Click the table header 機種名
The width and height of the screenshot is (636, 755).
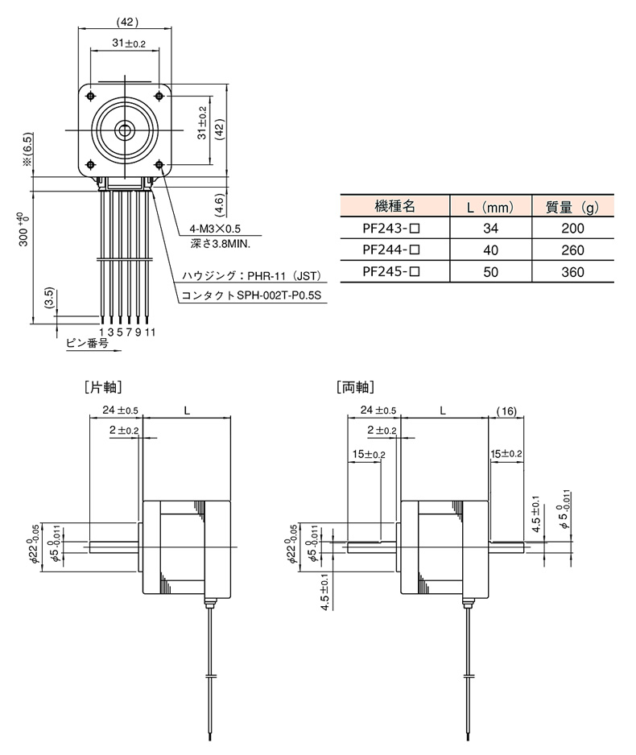coord(394,206)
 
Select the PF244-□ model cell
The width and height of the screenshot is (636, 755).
coord(391,250)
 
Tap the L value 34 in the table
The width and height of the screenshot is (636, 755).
coord(490,229)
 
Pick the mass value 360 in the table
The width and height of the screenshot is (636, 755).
coord(572,272)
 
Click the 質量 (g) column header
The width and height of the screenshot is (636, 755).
coord(572,207)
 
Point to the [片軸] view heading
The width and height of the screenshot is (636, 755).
coord(102,386)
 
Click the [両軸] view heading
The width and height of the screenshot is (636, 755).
coord(355,386)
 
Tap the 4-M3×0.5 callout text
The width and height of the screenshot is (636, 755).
coord(215,229)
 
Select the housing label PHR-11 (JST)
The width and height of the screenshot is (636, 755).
coord(251,276)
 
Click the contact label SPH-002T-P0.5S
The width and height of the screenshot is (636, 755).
coord(251,295)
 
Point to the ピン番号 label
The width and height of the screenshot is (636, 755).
coord(87,343)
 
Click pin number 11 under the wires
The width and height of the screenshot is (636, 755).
coord(151,332)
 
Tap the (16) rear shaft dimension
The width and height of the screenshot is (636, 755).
coord(506,411)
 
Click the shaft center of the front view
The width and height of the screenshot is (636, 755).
coord(125,130)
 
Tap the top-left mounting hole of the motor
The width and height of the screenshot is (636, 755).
coord(91,97)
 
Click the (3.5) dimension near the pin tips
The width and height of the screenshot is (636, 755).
coord(50,299)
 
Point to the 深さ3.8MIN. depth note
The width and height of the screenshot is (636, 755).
coord(220,244)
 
